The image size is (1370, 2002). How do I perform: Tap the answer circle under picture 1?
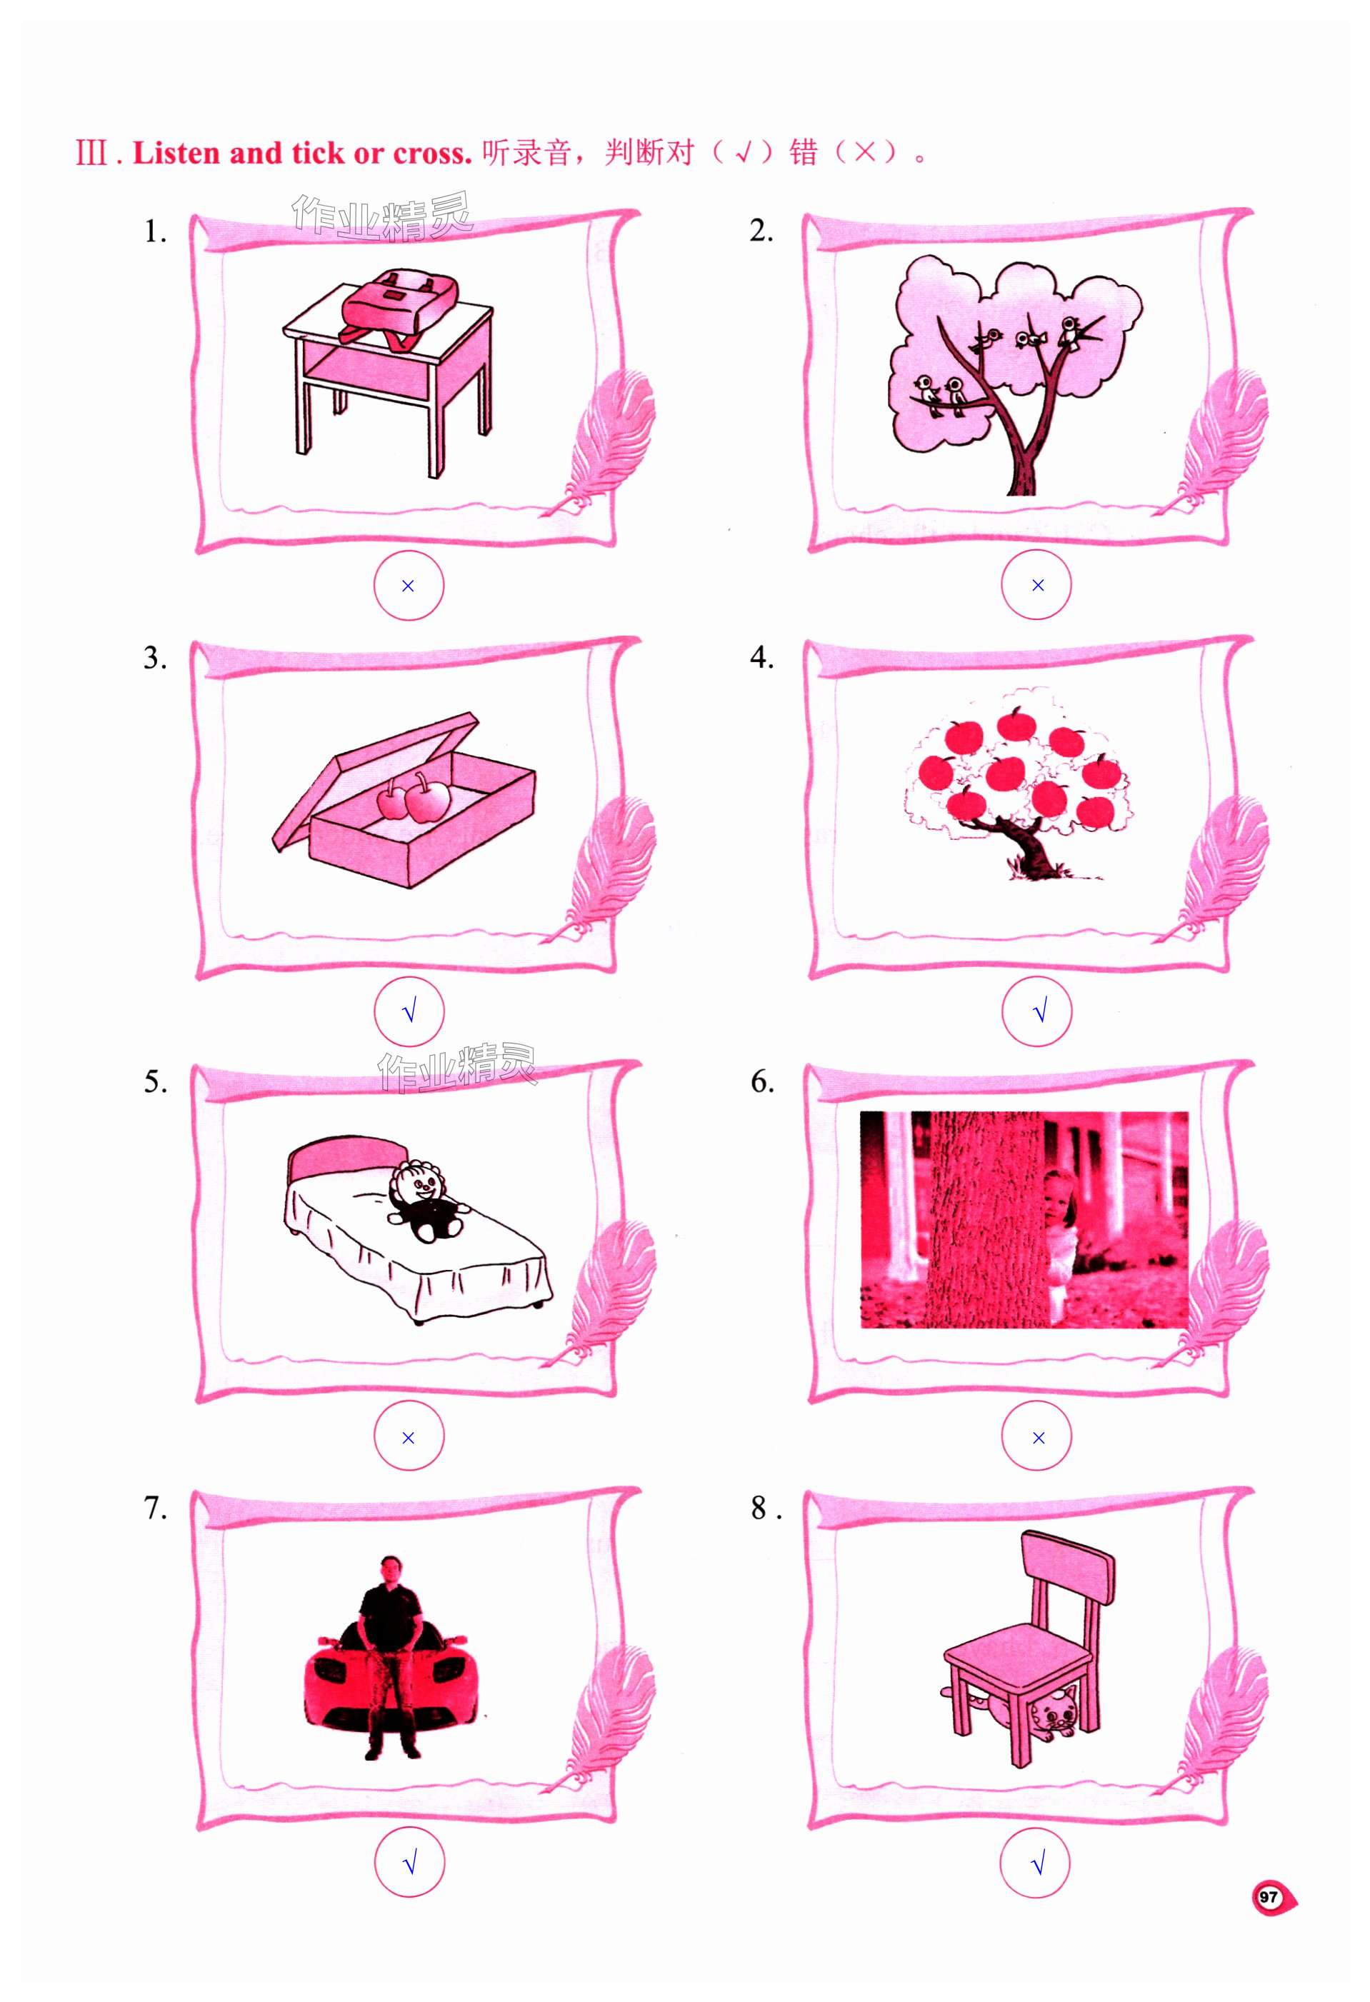pyautogui.click(x=409, y=586)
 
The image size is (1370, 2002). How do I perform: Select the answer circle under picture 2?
pyautogui.click(x=1036, y=585)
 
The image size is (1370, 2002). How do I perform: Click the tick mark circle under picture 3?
pyautogui.click(x=409, y=1011)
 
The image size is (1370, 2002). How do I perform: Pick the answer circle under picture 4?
pyautogui.click(x=1037, y=1011)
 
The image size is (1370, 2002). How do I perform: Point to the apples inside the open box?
pyautogui.click(x=414, y=799)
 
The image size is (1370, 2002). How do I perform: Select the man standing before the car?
pyautogui.click(x=389, y=1656)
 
